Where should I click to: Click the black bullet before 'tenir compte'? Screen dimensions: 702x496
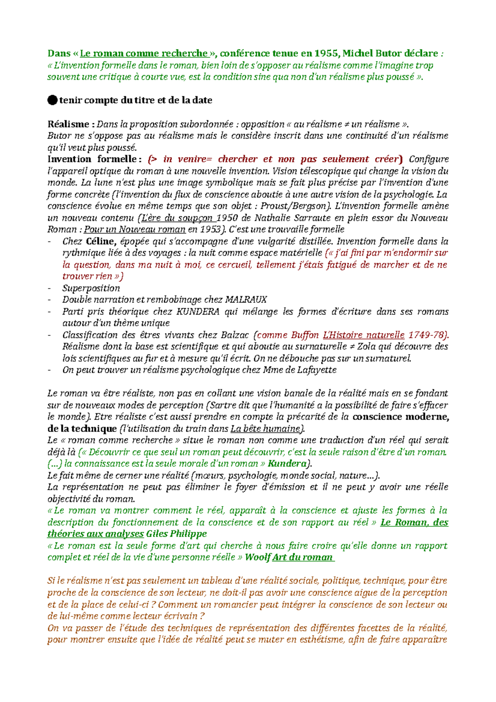52,100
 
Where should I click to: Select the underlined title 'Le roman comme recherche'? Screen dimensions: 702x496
144,53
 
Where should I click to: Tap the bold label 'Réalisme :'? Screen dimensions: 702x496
71,124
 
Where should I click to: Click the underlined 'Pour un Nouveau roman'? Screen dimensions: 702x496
135,229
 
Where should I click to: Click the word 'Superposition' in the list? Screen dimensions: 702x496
91,288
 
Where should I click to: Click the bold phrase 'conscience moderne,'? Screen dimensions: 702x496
401,417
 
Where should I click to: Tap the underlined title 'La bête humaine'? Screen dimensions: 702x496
265,429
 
